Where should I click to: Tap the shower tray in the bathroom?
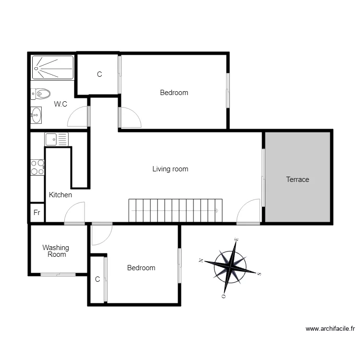pos(53,67)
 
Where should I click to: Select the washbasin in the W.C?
pos(36,115)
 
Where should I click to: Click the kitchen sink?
pos(57,139)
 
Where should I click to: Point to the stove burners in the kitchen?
pos(37,167)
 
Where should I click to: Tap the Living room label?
pos(170,169)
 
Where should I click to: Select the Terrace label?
pos(298,180)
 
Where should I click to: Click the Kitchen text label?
pos(60,195)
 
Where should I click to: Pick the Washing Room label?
pos(56,251)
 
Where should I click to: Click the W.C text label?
pos(60,104)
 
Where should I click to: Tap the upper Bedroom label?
pos(174,93)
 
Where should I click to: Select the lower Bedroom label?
pos(141,268)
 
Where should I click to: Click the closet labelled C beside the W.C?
pos(99,74)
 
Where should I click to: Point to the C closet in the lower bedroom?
pos(97,279)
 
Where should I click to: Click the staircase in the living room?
pos(175,210)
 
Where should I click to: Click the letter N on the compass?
pos(201,261)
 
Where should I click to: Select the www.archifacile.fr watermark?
pos(330,329)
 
